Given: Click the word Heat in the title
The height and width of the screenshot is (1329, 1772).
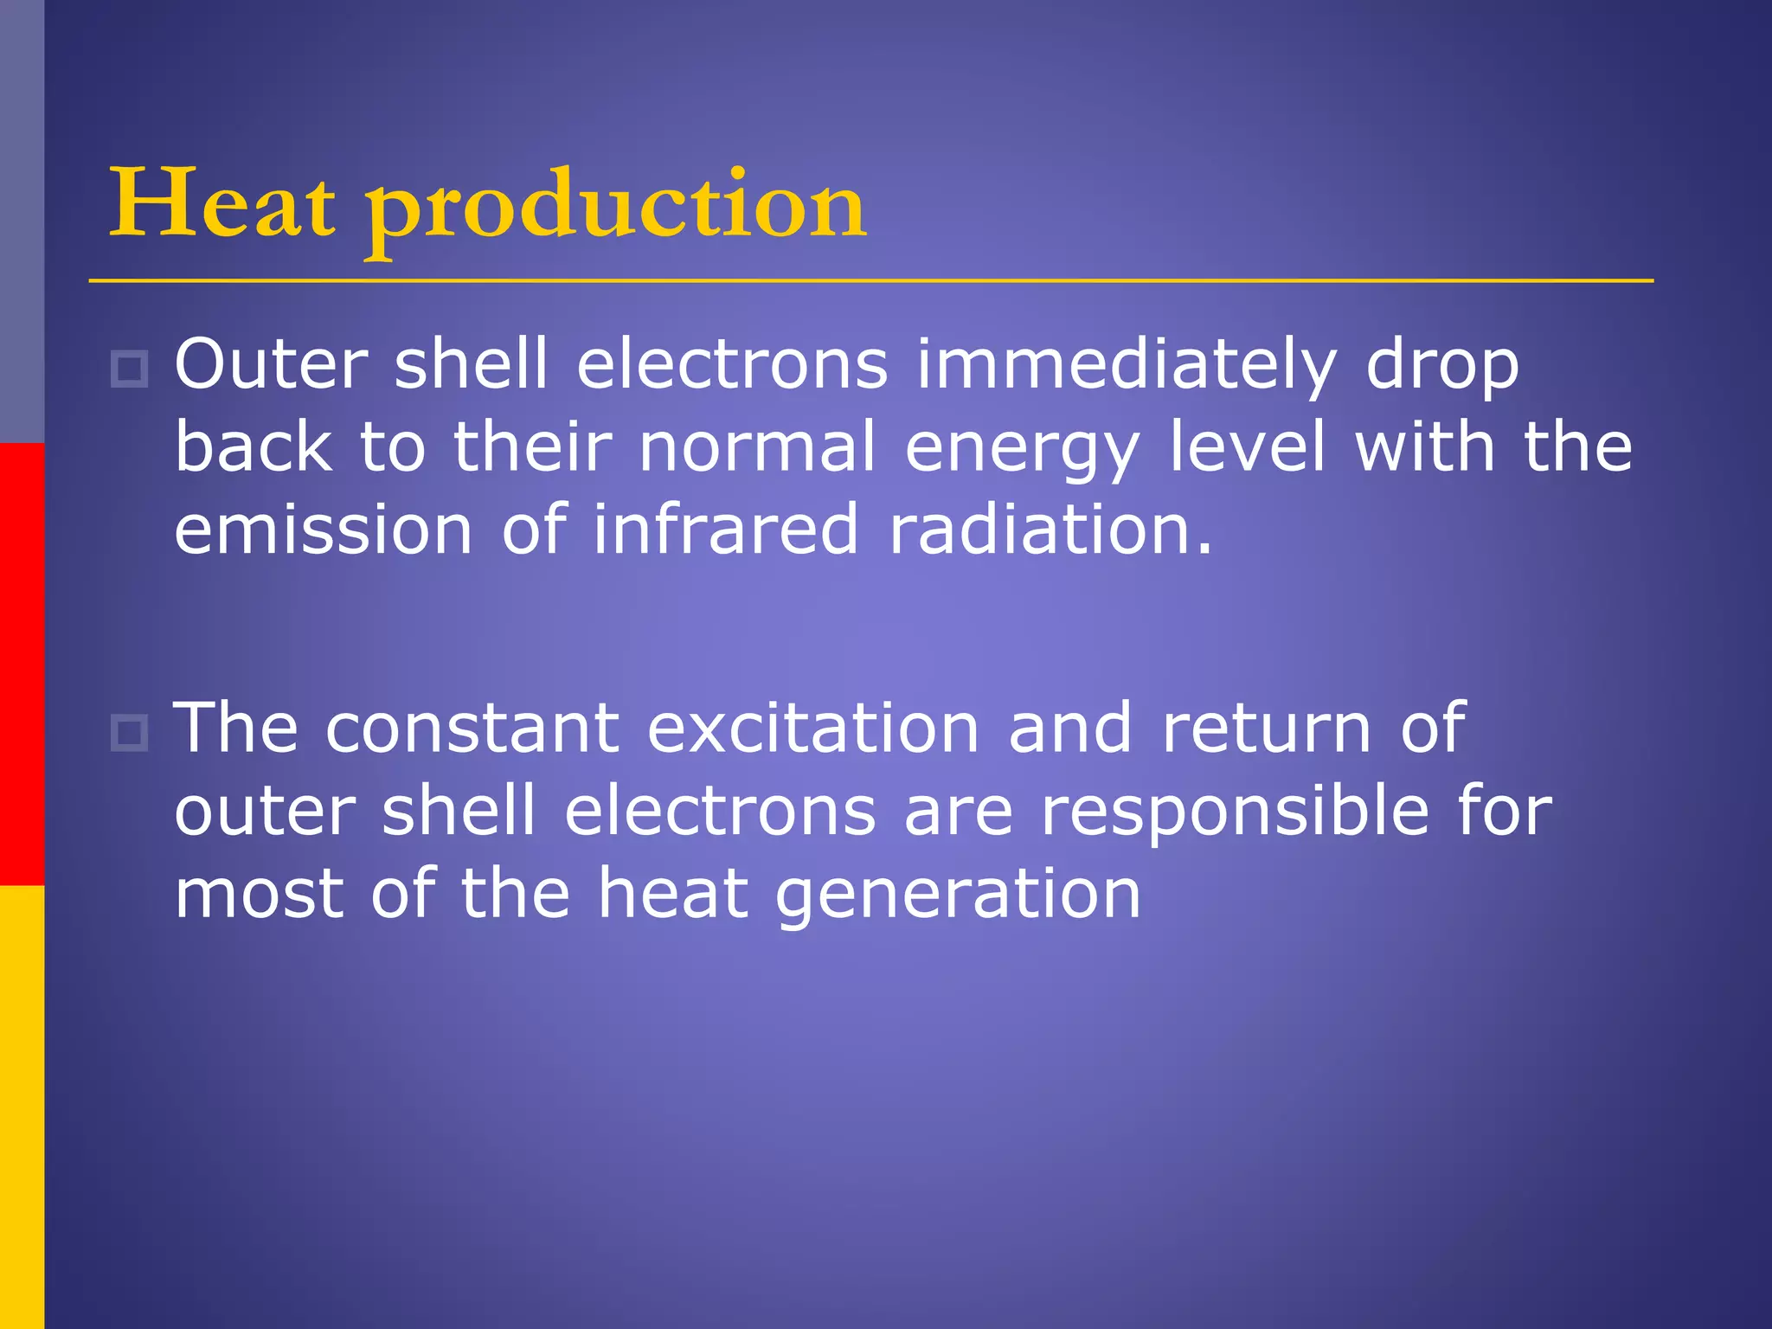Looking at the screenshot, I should click(221, 204).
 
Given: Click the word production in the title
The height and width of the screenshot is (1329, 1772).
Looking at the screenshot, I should click(615, 208).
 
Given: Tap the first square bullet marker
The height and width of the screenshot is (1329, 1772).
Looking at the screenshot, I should click(130, 369).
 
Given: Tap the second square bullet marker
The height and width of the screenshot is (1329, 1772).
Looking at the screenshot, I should click(130, 734).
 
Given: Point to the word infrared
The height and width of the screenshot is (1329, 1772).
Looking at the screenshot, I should click(725, 530).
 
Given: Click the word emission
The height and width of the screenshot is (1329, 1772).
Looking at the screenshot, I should click(323, 530).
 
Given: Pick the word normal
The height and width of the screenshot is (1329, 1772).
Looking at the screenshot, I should click(757, 448).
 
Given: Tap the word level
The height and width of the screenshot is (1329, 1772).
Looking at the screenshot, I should click(1247, 446).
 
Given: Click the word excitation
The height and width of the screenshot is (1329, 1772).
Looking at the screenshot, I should click(812, 729).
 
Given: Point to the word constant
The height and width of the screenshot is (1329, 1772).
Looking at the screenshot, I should click(472, 729).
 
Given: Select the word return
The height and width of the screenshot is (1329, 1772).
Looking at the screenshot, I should click(1266, 729).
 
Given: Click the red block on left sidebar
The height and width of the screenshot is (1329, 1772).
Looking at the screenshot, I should click(22, 664).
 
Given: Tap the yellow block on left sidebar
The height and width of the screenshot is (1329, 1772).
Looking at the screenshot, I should click(22, 1107).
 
